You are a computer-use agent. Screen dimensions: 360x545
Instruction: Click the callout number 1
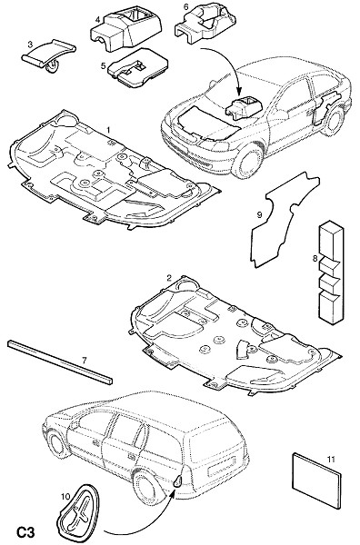[x=108, y=130]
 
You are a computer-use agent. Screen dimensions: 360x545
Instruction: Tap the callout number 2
[x=169, y=278]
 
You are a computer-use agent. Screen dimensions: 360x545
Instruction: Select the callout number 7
[x=85, y=360]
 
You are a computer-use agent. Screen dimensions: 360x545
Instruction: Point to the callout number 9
[x=259, y=214]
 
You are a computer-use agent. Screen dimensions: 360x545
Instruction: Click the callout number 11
[x=331, y=460]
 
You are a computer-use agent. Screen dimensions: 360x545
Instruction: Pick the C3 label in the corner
[x=26, y=532]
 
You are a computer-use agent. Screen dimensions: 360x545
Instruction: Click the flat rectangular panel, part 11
[x=315, y=481]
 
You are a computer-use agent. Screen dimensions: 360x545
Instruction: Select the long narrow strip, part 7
[x=60, y=362]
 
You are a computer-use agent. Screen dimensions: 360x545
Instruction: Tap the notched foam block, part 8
[x=330, y=272]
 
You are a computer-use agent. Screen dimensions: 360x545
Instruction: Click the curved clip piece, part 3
[x=49, y=55]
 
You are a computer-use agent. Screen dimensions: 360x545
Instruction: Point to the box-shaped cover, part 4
[x=126, y=31]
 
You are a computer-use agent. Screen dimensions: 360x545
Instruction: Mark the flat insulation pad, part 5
[x=138, y=68]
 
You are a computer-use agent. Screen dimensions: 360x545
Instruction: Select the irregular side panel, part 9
[x=284, y=220]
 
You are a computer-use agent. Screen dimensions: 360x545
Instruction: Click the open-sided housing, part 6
[x=206, y=24]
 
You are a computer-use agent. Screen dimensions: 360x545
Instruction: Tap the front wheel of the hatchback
[x=247, y=161]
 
